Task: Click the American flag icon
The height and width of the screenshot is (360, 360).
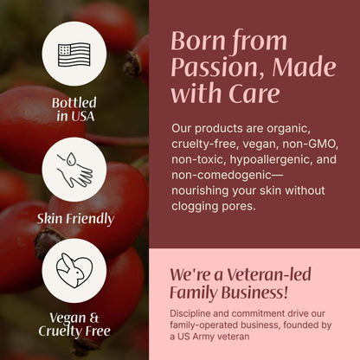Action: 74,53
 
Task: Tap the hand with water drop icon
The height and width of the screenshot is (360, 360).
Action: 74,169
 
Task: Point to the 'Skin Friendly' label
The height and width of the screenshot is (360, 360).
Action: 75,218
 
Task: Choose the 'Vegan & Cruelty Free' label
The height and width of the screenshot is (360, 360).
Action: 74,324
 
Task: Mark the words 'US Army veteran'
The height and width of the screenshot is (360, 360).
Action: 227,337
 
